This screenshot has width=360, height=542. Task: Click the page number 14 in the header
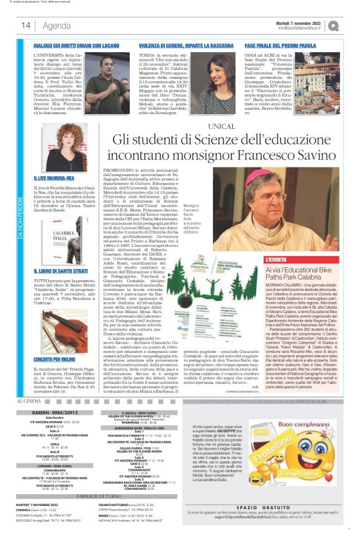(27, 25)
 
